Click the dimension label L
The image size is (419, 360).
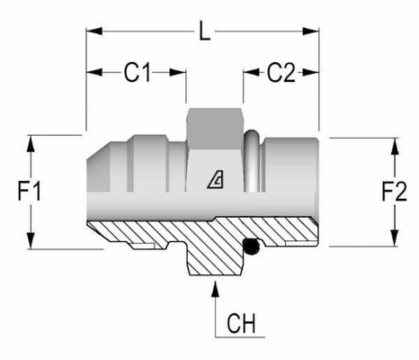pyautogui.click(x=205, y=31)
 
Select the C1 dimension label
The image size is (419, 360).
pyautogui.click(x=137, y=73)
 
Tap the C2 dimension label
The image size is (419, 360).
pyautogui.click(x=281, y=73)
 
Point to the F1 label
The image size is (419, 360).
pyautogui.click(x=30, y=191)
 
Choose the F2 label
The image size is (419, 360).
pyautogui.click(x=394, y=191)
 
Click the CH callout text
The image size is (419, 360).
pyautogui.click(x=241, y=323)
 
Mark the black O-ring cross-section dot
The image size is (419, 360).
pyautogui.click(x=251, y=247)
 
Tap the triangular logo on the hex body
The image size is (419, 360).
pyautogui.click(x=216, y=179)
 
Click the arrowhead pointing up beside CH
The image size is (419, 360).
pyautogui.click(x=215, y=289)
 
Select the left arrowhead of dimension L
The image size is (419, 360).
pyautogui.click(x=94, y=31)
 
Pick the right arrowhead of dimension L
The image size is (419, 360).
pyautogui.click(x=311, y=31)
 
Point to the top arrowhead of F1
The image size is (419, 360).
pyautogui.click(x=31, y=144)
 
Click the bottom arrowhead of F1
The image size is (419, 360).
pyautogui.click(x=31, y=240)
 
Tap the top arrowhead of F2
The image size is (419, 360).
pyautogui.click(x=395, y=147)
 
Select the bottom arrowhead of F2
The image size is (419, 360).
pyautogui.click(x=395, y=238)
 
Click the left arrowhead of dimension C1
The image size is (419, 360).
pyautogui.click(x=94, y=72)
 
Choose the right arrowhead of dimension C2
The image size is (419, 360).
pyautogui.click(x=311, y=72)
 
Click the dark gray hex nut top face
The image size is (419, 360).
pyautogui.click(x=215, y=129)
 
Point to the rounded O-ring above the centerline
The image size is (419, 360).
pyautogui.click(x=252, y=160)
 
